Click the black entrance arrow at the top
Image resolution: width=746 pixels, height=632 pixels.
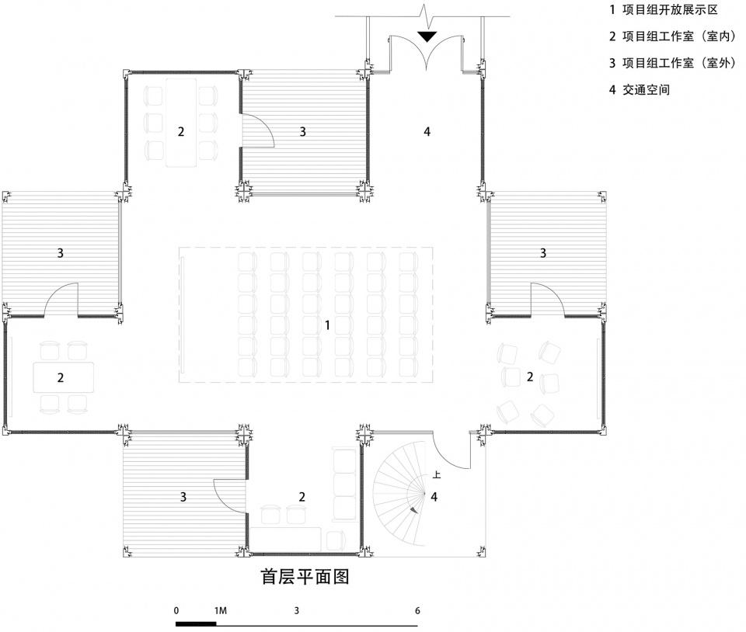427,36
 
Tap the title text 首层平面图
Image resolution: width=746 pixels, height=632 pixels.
305,576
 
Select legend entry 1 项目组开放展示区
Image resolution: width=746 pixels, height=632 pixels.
664,9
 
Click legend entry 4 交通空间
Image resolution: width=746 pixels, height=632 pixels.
640,89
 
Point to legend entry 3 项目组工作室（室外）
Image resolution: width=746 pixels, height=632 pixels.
673,63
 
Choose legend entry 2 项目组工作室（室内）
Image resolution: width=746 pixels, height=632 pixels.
673,36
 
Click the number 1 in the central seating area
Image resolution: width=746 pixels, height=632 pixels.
327,325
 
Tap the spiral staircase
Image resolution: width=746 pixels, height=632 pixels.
399,495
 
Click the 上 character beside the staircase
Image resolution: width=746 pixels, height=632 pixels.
436,474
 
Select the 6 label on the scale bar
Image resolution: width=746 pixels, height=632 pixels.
417,610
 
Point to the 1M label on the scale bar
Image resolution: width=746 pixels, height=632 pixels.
220,610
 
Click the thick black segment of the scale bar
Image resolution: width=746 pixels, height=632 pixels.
196,624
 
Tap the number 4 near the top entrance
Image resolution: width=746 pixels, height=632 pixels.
427,132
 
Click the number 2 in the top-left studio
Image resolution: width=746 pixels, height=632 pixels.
181,132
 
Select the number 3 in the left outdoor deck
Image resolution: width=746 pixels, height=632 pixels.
61,253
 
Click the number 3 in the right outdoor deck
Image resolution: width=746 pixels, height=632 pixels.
543,253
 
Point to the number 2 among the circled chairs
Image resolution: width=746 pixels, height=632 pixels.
530,377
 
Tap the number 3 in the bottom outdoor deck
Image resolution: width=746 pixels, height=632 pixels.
183,497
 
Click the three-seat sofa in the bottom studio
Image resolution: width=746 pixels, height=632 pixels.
344,484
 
